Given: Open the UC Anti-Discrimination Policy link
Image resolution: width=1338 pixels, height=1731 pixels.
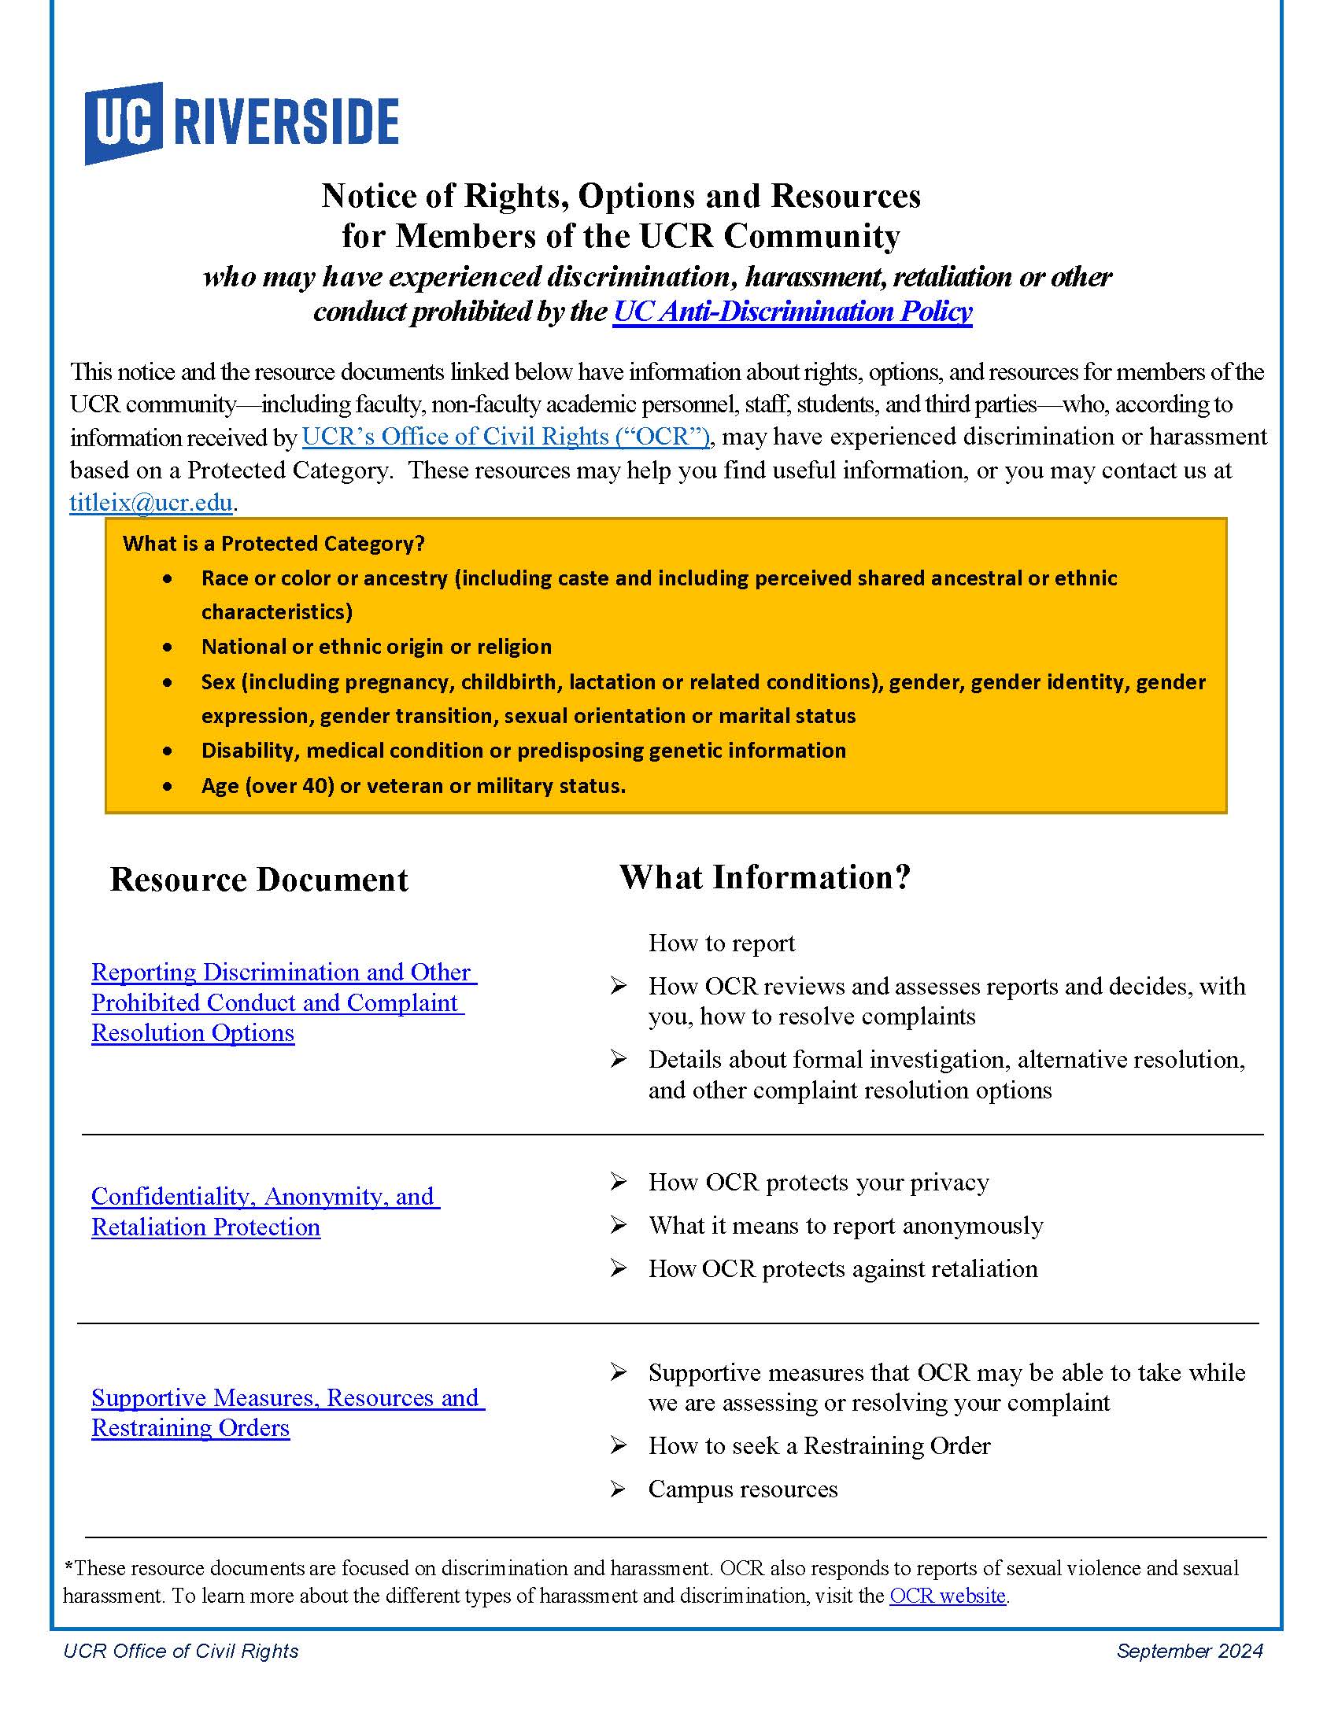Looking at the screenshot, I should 792,312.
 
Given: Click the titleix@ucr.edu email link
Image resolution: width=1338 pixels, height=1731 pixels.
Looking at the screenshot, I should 150,503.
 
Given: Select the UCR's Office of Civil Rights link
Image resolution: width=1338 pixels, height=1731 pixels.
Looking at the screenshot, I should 506,437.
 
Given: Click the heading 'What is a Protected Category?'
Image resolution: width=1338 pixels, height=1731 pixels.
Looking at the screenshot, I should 273,544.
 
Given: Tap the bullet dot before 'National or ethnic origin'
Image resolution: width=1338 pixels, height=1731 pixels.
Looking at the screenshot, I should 167,648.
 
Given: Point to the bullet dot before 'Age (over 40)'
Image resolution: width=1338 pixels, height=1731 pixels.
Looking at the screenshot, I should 167,787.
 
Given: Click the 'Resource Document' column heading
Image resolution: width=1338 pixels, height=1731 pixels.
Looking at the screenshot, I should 258,880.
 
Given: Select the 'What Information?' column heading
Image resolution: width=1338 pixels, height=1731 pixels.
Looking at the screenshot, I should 765,877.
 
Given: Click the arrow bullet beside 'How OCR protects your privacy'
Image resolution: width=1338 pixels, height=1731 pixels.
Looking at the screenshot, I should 619,1183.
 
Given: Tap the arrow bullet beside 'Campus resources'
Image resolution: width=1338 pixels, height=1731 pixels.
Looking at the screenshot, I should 619,1489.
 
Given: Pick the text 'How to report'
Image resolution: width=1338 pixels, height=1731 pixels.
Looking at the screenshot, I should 721,943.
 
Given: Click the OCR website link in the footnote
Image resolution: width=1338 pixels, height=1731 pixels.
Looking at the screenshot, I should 947,1596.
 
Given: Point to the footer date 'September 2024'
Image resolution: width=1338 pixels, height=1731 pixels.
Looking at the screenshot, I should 1189,1651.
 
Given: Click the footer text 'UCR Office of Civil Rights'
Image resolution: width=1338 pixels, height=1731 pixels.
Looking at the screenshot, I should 181,1651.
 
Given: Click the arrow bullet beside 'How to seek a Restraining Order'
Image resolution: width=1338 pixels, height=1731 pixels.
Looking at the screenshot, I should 619,1446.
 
